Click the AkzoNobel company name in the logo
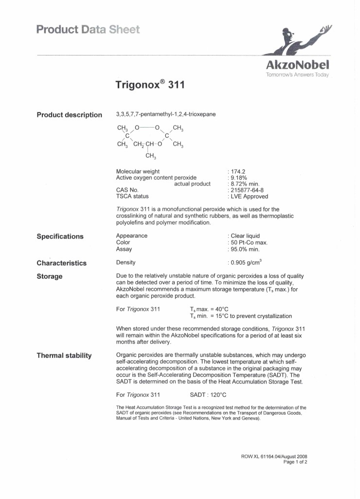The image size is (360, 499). point(297,65)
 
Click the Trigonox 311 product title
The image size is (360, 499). point(150,85)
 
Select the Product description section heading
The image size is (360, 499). point(70,115)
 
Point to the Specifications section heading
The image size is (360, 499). point(60,237)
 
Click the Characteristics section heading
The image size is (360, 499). point(62,263)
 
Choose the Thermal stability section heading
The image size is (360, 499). point(64,356)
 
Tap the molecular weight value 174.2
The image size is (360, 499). point(238,171)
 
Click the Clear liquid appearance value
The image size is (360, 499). point(245,236)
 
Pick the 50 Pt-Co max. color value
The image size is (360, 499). point(249,242)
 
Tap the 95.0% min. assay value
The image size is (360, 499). point(245,249)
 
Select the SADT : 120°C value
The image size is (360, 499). point(208,394)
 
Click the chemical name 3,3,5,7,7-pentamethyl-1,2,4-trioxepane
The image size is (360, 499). point(166,114)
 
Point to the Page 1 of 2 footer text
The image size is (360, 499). point(295,462)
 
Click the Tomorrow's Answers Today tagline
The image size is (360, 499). point(297,75)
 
